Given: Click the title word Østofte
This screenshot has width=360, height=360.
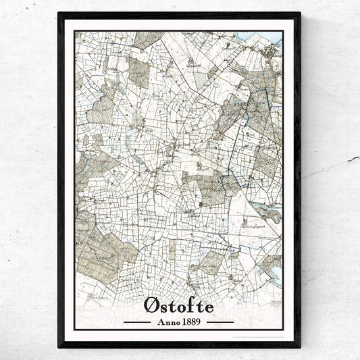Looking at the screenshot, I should click(x=179, y=288).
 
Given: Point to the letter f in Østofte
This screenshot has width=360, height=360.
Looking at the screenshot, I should click(x=190, y=287).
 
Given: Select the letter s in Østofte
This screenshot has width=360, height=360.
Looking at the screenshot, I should click(x=165, y=289).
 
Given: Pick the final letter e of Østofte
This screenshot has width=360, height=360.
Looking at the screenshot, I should click(x=209, y=289).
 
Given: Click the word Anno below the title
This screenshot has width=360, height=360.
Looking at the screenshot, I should click(x=168, y=303).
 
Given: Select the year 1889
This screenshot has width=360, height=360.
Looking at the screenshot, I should click(x=192, y=303).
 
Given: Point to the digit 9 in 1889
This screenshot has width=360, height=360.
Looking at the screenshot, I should click(x=200, y=303).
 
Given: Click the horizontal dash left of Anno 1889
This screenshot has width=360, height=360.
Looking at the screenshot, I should click(x=138, y=304).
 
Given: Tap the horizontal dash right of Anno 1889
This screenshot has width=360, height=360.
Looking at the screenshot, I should click(x=220, y=304).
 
